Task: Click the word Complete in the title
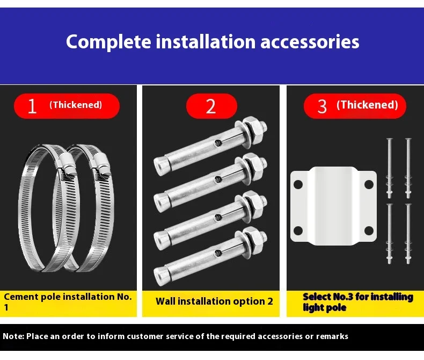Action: coord(108,42)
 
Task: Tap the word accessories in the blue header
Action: coord(310,42)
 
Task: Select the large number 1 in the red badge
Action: coord(32,106)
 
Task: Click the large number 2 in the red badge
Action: coord(211,106)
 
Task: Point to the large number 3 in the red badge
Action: coord(322,106)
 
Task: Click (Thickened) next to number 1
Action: coord(76,105)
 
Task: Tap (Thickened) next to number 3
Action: coord(367,105)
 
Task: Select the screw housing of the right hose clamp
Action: coord(102,164)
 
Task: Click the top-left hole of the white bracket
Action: coord(298,184)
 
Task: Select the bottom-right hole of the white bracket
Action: coord(369,231)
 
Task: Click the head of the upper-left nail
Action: coord(390,139)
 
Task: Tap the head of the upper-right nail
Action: coord(408,139)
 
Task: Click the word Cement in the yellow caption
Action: coord(21,297)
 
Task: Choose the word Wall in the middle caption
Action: coord(165,301)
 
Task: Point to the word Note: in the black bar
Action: coord(13,336)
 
